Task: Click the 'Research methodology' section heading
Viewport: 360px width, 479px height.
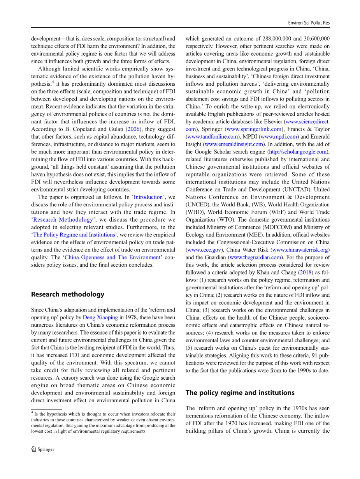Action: [x=67, y=294]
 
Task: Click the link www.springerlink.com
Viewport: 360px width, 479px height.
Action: [x=254, y=129]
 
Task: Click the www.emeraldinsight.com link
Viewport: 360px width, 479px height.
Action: [x=233, y=144]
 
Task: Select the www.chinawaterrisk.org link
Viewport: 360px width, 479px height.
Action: [x=300, y=250]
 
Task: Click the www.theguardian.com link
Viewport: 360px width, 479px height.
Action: [x=255, y=257]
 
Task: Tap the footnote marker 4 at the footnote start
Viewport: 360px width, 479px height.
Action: [x=32, y=412]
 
